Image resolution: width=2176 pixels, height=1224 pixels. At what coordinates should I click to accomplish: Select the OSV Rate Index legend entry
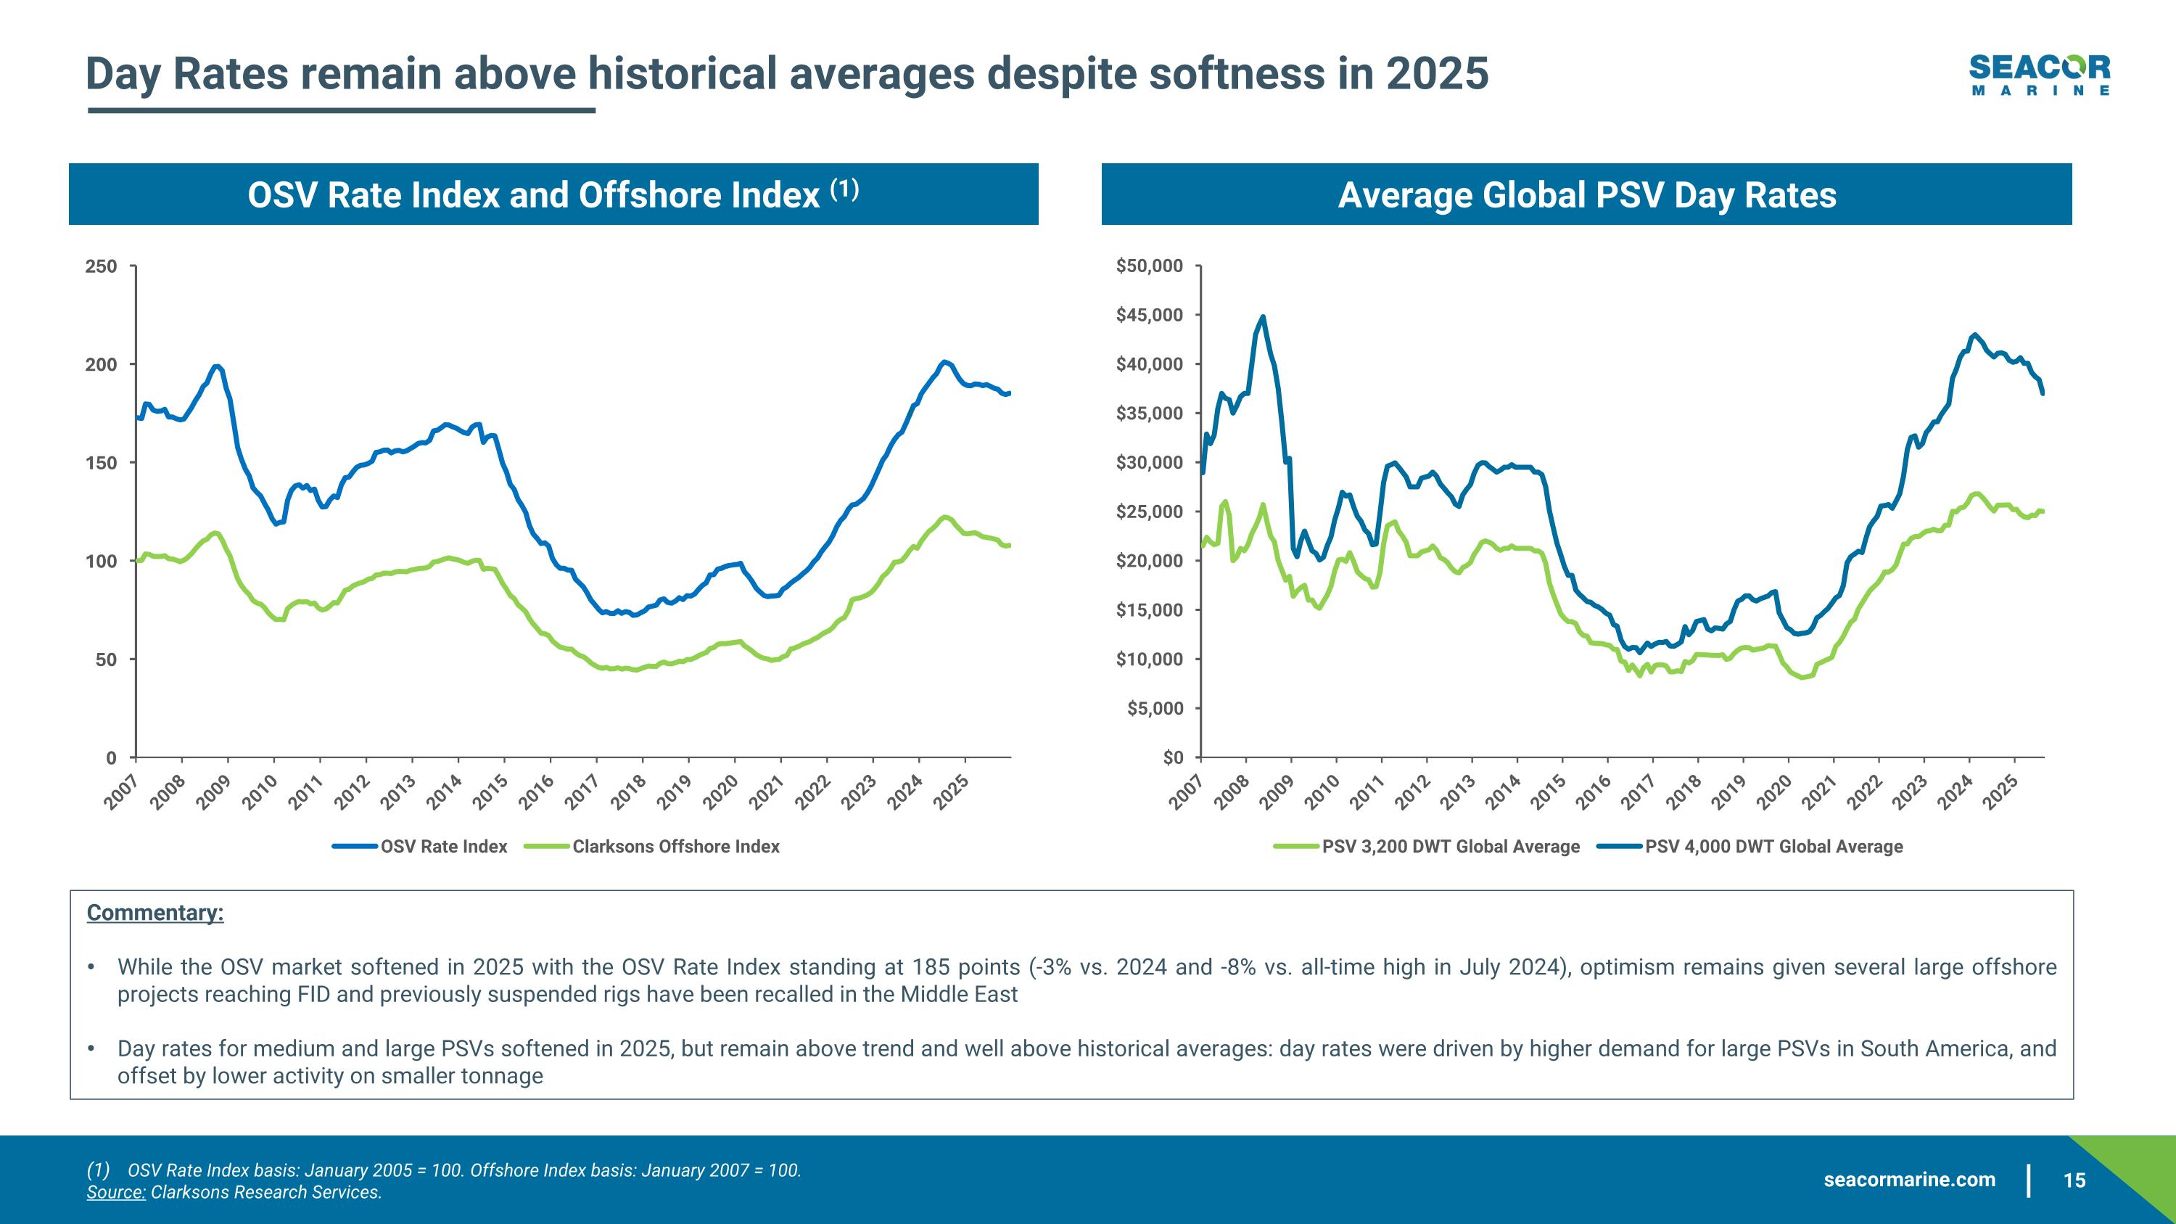point(442,847)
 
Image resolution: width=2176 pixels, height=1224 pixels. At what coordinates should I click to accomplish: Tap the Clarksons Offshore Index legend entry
point(675,847)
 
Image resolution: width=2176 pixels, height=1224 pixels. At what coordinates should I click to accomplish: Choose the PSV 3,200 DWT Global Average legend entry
point(1449,847)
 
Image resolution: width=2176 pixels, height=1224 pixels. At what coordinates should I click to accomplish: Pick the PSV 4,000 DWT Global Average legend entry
point(1773,847)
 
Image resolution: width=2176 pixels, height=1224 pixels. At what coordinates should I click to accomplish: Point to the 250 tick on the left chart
point(102,267)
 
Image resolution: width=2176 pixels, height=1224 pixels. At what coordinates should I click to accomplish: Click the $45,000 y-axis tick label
point(1149,316)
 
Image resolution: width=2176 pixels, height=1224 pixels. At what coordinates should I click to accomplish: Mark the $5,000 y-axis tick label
point(1155,709)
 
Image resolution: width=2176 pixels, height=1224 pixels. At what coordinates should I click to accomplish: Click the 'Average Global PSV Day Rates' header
point(1586,195)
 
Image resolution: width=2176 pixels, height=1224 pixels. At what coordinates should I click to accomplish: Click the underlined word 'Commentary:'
point(155,913)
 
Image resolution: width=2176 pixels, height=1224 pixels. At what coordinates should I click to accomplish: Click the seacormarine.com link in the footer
point(1909,1204)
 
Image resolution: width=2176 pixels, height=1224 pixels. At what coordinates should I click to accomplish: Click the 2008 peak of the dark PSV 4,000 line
point(1263,318)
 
